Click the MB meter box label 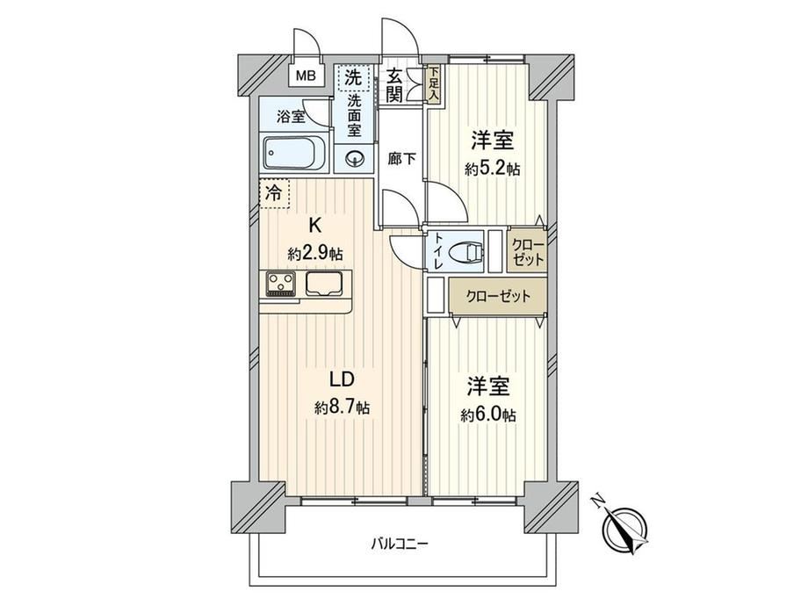[x=307, y=76]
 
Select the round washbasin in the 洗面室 [x=355, y=158]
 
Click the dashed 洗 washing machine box [x=353, y=77]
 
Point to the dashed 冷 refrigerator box [x=274, y=194]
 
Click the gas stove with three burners [x=281, y=284]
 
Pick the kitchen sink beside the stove [x=324, y=284]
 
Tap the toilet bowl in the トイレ [x=465, y=253]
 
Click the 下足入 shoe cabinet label [x=434, y=84]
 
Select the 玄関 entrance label [x=394, y=84]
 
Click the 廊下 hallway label [x=402, y=160]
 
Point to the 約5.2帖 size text [x=492, y=169]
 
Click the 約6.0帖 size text [x=488, y=415]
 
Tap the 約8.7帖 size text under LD [x=343, y=408]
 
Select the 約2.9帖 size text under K [x=314, y=254]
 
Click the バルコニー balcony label [x=400, y=543]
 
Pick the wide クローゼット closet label [x=498, y=296]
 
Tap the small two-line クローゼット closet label [x=528, y=253]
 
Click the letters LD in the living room [x=341, y=379]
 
